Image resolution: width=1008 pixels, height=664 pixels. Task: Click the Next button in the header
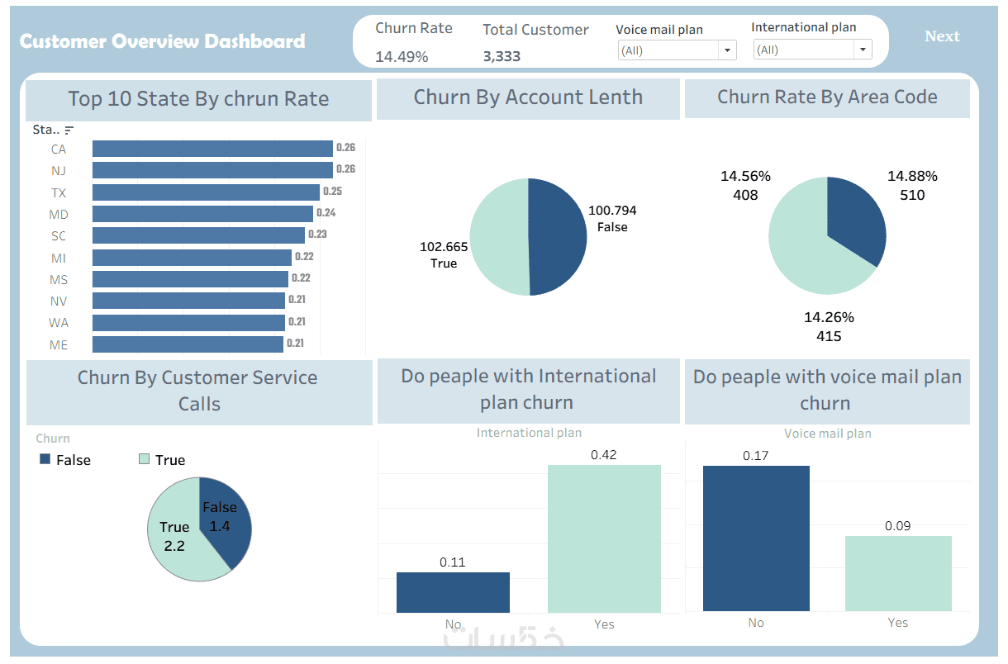pos(942,36)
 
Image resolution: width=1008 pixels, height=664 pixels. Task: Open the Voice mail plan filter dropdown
pos(727,50)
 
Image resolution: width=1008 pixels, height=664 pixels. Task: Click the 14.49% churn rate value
pos(402,57)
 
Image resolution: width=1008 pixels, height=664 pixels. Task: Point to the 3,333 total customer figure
pos(502,57)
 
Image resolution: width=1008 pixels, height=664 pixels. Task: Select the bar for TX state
pos(206,192)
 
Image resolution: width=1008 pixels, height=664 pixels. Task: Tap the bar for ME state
pos(188,344)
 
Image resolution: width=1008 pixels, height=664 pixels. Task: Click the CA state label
pos(58,149)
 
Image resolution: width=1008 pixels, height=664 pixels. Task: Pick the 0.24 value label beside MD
pos(326,213)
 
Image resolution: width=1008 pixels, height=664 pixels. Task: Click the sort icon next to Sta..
pos(69,130)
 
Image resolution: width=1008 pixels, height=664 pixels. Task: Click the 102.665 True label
pos(444,254)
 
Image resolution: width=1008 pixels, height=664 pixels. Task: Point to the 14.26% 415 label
pos(829,326)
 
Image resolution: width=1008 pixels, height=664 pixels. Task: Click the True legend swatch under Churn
pos(145,459)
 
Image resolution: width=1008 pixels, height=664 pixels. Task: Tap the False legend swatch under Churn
pos(45,459)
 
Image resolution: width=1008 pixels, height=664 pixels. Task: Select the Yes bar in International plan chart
pos(604,538)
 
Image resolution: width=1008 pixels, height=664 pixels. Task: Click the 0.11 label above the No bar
pos(453,562)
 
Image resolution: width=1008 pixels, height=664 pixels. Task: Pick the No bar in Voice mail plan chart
pos(756,538)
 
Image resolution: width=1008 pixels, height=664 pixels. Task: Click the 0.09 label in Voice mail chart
pos(898,526)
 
